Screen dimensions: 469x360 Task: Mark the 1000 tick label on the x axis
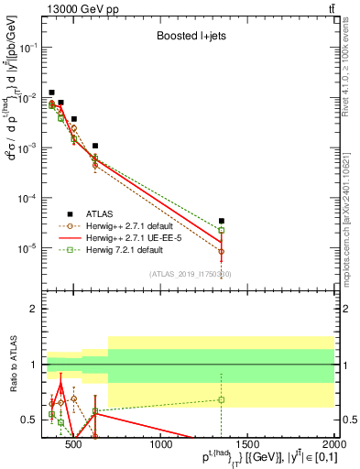click(x=161, y=446)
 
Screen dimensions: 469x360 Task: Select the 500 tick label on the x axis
click(x=75, y=446)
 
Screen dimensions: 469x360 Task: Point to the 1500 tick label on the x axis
click(x=247, y=446)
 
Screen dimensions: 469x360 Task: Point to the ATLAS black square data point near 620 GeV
click(x=95, y=146)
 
